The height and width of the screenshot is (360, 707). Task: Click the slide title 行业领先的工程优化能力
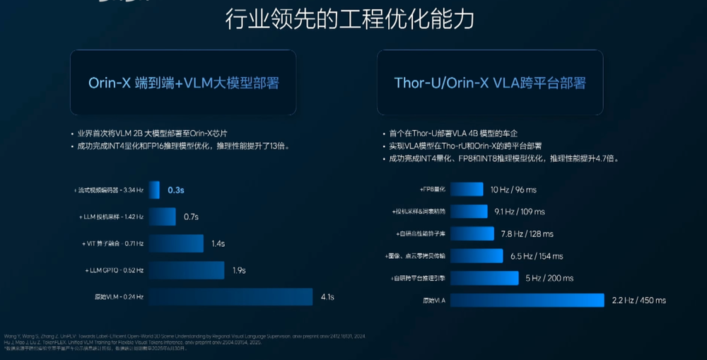pyautogui.click(x=349, y=20)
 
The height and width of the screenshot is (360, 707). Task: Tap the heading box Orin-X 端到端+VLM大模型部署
pyautogui.click(x=183, y=83)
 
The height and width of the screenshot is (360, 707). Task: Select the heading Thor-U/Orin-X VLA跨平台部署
pyautogui.click(x=489, y=83)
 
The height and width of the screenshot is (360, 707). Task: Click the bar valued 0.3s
pyautogui.click(x=154, y=190)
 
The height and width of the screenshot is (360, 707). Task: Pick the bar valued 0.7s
pyautogui.click(x=162, y=216)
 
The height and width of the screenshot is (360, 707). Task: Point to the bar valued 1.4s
pyautogui.click(x=175, y=243)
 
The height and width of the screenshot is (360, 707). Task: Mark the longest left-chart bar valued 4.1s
pyautogui.click(x=230, y=297)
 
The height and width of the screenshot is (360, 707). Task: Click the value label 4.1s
pyautogui.click(x=327, y=297)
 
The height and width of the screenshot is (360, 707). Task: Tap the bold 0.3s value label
pyautogui.click(x=176, y=190)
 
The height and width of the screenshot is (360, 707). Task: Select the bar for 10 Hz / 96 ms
pyautogui.click(x=466, y=190)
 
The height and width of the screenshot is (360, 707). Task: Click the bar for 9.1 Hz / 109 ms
pyautogui.click(x=469, y=211)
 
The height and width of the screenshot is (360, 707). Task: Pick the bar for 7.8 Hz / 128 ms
pyautogui.click(x=472, y=233)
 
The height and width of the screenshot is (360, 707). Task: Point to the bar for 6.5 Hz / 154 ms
pyautogui.click(x=477, y=255)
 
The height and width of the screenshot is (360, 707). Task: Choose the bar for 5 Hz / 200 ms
pyautogui.click(x=484, y=278)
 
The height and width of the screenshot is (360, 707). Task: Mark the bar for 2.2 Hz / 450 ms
pyautogui.click(x=527, y=301)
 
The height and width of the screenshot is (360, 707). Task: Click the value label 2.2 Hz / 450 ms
pyautogui.click(x=639, y=301)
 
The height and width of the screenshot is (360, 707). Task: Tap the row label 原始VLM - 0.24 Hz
pyautogui.click(x=114, y=297)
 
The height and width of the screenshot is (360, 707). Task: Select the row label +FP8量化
pyautogui.click(x=432, y=190)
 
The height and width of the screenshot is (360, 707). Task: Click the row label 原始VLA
pyautogui.click(x=434, y=301)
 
